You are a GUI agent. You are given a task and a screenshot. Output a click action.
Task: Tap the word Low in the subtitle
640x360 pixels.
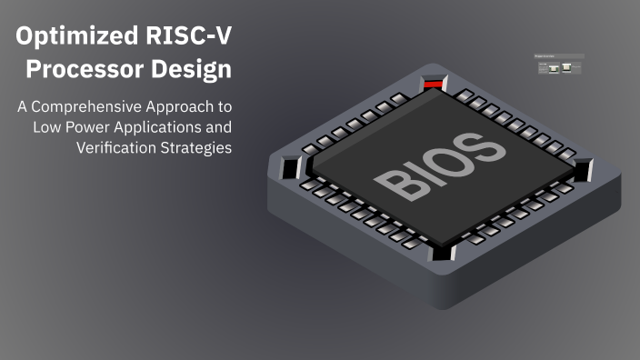(47, 125)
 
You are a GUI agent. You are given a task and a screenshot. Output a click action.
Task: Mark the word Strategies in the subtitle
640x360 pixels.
(196, 146)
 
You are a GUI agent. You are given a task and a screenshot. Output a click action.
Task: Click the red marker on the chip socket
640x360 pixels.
(434, 85)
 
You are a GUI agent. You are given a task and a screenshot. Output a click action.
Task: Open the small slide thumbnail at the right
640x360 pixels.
(559, 65)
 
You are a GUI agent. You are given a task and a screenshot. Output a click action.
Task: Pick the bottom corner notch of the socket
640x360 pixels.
(442, 252)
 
